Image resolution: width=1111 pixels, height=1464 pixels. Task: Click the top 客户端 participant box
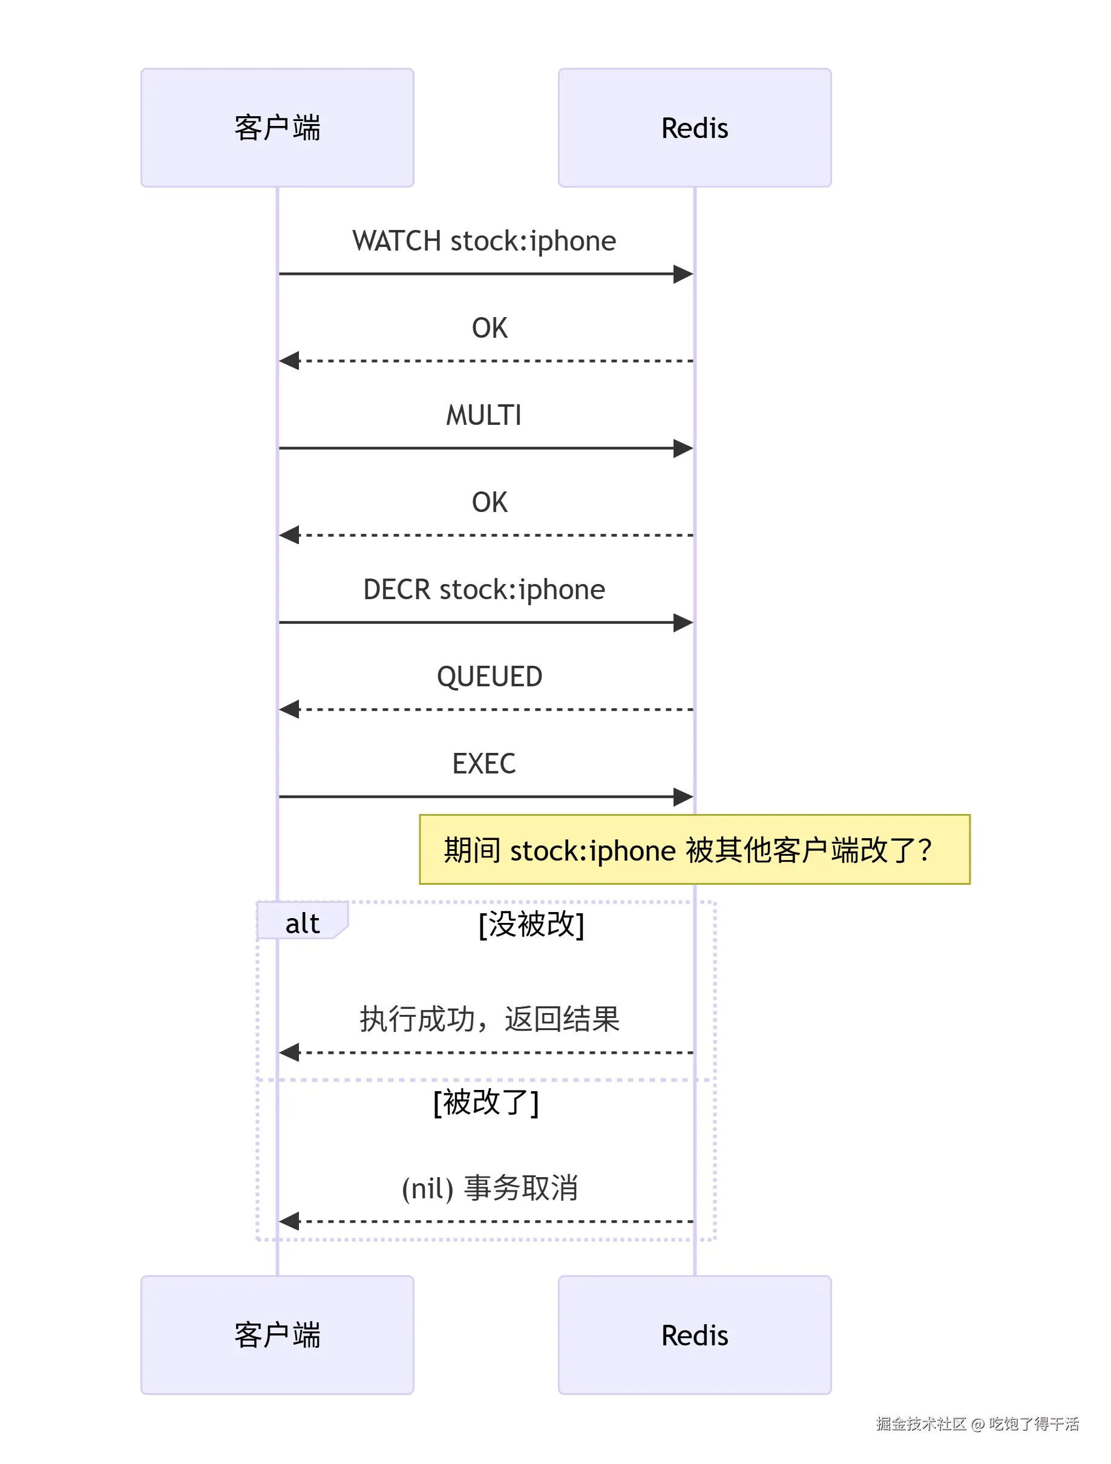277,128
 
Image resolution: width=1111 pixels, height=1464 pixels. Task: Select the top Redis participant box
695,128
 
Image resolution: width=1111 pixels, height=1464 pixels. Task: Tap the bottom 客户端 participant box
277,1335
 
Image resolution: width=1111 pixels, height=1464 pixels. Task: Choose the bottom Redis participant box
695,1335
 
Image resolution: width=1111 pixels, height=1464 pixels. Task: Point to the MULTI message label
484,416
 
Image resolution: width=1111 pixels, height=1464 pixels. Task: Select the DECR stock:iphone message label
484,589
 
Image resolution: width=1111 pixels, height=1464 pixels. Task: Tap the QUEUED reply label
490,677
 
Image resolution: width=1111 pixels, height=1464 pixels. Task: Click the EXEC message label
484,764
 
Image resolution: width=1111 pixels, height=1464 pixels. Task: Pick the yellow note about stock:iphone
695,849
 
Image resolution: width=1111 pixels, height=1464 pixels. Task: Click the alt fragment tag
303,921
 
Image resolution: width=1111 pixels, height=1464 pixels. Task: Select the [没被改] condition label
531,925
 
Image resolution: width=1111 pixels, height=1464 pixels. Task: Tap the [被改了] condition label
487,1103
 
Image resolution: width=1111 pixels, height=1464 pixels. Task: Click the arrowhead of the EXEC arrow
684,797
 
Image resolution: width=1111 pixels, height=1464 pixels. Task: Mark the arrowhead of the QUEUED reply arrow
289,709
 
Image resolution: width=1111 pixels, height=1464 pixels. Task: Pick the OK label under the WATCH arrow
490,328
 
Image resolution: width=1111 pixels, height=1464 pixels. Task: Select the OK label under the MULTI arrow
490,503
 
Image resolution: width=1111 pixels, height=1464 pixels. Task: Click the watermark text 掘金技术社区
921,1424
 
